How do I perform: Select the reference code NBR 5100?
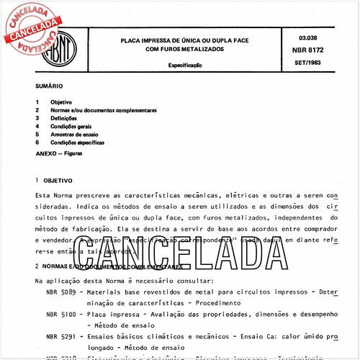pos(61,315)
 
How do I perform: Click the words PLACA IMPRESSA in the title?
pos(148,41)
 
